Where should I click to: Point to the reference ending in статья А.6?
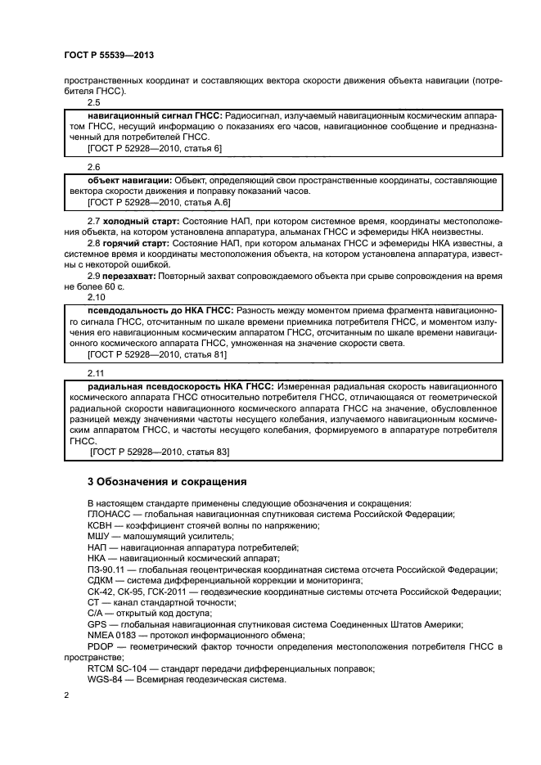pyautogui.click(x=160, y=201)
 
